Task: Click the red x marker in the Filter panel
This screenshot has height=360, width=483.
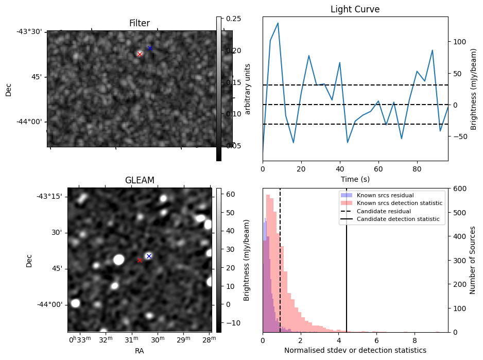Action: [140, 54]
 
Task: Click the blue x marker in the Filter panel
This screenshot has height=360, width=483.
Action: [150, 48]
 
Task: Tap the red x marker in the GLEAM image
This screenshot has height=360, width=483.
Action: [140, 261]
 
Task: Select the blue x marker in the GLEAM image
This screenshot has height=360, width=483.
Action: [149, 256]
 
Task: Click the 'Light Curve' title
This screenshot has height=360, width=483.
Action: [355, 9]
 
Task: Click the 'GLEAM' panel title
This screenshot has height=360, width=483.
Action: [140, 180]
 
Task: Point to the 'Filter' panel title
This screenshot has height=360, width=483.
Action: [140, 23]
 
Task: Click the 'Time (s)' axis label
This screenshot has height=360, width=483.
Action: [355, 179]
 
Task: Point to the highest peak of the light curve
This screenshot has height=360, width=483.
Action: [278, 23]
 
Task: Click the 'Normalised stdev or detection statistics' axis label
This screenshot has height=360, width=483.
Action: [355, 350]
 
